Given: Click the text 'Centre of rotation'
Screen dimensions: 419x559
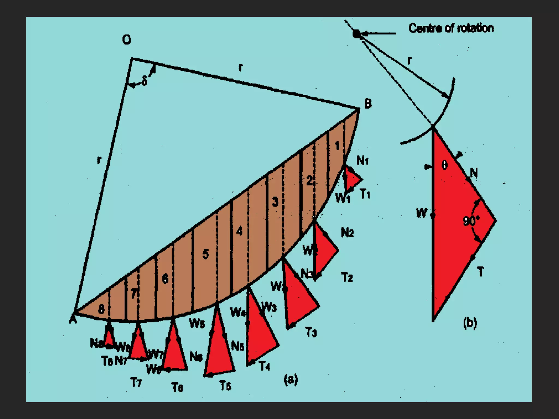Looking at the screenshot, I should tap(451, 28).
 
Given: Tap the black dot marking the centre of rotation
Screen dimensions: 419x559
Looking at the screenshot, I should tap(356, 34).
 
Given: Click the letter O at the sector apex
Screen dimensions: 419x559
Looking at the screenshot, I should tap(126, 40).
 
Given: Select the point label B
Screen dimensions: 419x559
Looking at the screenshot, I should tap(368, 104).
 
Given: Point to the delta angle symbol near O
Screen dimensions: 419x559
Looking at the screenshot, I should tap(144, 81).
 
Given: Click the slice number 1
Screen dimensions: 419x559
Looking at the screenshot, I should tap(337, 146).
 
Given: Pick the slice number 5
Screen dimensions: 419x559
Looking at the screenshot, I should tap(206, 254).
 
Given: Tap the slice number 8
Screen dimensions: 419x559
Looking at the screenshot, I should tap(101, 309).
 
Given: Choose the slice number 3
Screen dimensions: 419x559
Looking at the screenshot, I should tap(275, 202).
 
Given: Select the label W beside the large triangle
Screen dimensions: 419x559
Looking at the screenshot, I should tap(421, 213).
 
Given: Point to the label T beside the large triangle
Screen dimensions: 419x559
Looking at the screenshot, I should tap(480, 272).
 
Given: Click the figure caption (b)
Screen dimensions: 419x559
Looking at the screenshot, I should tap(470, 323).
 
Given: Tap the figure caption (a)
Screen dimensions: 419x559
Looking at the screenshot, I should tap(291, 379).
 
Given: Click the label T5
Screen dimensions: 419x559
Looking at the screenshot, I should tap(225, 386).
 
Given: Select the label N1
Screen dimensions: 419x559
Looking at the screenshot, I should tap(362, 161).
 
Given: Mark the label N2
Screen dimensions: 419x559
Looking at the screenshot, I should tap(347, 233).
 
